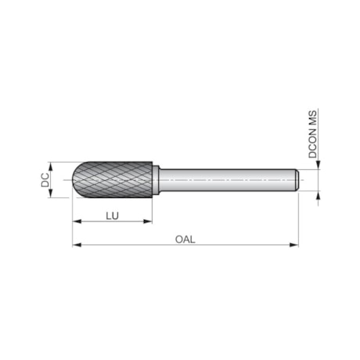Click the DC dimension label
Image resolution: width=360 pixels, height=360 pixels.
click(x=45, y=180)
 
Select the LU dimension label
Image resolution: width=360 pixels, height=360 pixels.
click(x=112, y=213)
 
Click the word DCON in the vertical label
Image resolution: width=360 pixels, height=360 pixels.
click(x=313, y=146)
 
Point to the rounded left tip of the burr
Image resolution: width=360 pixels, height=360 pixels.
click(x=76, y=180)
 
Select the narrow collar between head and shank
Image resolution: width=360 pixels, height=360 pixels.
click(x=157, y=180)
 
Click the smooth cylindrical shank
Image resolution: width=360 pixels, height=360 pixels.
click(x=227, y=180)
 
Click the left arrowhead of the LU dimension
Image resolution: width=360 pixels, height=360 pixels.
click(x=75, y=221)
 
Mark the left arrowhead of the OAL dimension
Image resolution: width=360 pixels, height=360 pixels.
click(x=75, y=245)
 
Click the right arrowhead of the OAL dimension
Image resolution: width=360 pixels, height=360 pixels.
click(x=296, y=245)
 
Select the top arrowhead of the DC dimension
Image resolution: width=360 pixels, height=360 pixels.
click(x=52, y=165)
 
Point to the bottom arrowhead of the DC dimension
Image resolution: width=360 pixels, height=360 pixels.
click(x=52, y=195)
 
